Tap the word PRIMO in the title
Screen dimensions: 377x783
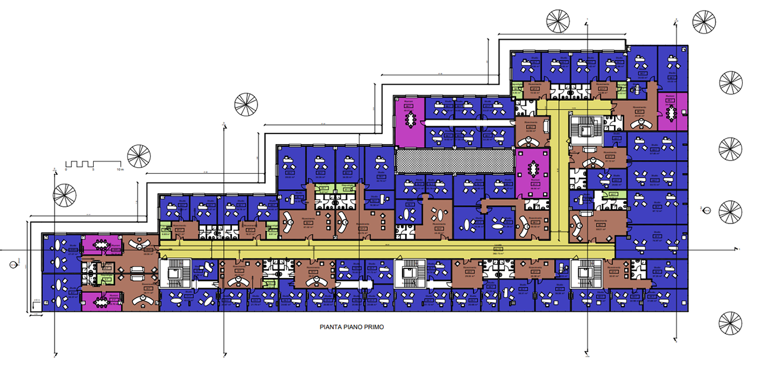point(373,326)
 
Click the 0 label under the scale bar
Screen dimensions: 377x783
point(66,170)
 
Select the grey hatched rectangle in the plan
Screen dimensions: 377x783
point(454,159)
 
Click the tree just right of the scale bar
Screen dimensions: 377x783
point(139,157)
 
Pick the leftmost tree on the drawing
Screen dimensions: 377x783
point(65,194)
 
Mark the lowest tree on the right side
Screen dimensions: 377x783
point(730,323)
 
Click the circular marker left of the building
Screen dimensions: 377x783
point(13,266)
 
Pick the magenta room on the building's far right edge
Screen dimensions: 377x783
point(671,111)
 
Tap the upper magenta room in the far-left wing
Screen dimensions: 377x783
point(101,244)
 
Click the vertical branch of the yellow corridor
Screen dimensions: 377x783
point(558,172)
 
